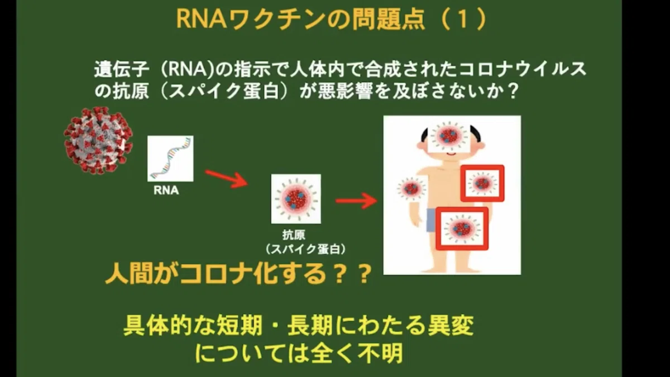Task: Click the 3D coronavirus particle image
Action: coord(98,141)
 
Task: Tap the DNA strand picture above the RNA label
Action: coord(170,159)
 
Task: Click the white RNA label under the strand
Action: coord(166,190)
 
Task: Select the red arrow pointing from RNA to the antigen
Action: coord(227,178)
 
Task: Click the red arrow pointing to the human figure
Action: coord(356,201)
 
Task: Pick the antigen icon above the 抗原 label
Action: coord(296,199)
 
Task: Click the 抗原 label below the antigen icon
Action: coord(294,235)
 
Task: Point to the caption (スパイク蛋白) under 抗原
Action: coord(306,249)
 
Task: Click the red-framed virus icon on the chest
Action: coord(482,183)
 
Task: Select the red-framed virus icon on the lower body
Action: coord(462,228)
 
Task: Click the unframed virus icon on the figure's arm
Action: coord(411,188)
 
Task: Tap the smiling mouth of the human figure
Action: coord(451,154)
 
